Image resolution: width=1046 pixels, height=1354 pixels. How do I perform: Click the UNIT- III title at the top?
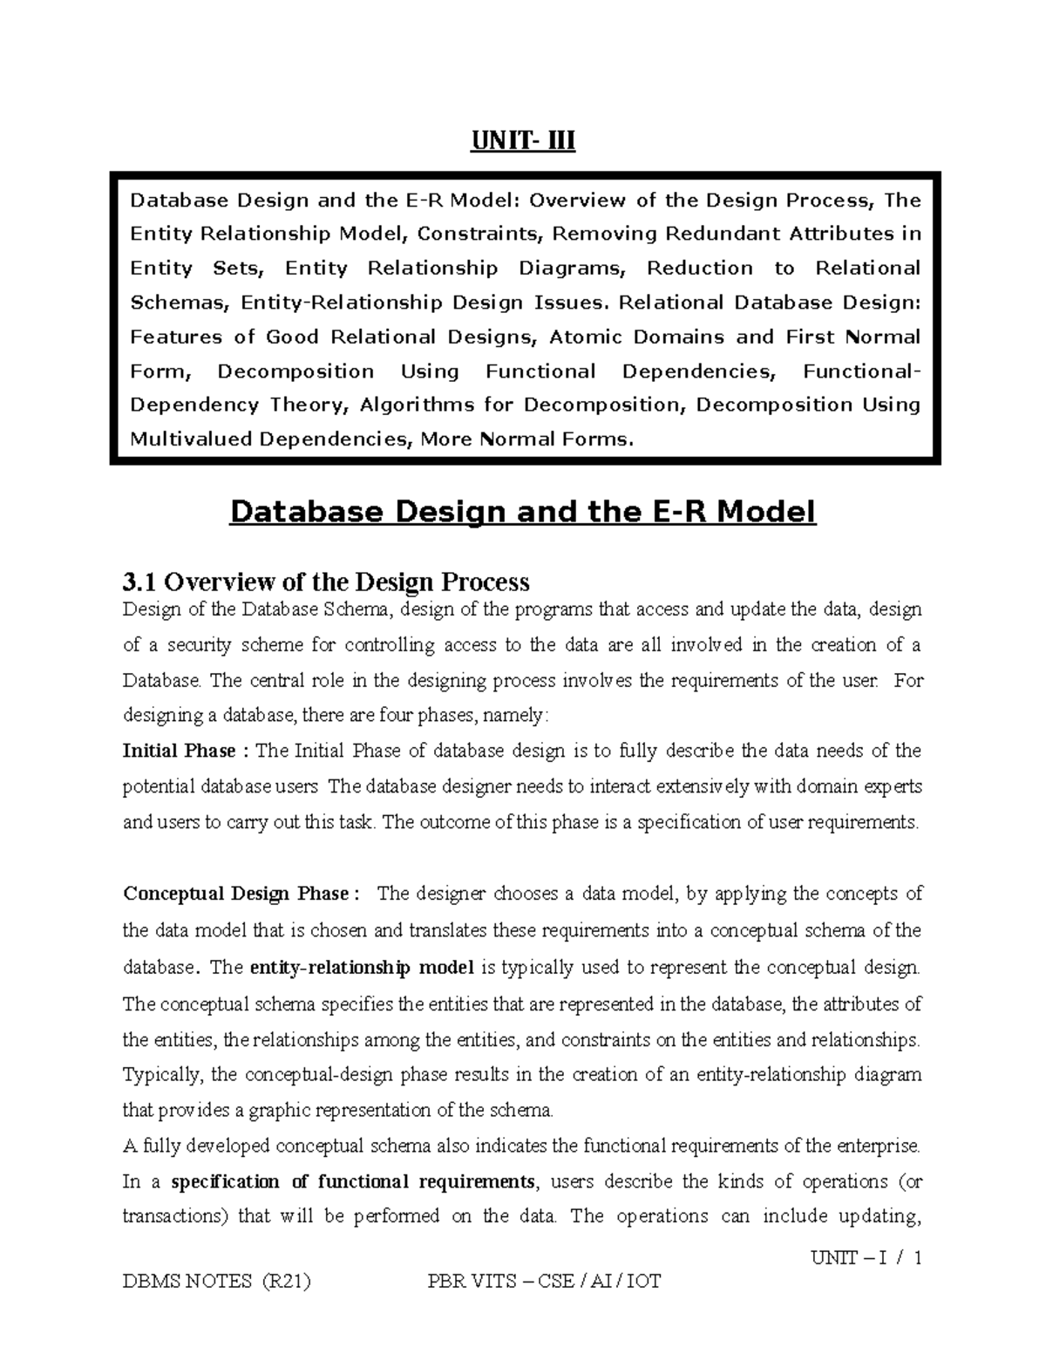(x=523, y=140)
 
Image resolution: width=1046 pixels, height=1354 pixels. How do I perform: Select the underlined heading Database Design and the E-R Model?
(x=522, y=512)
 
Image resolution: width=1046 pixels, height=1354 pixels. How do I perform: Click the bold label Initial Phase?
(x=180, y=751)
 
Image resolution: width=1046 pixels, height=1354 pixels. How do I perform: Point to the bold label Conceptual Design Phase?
(x=235, y=894)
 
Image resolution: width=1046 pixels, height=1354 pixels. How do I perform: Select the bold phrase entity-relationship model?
(x=361, y=967)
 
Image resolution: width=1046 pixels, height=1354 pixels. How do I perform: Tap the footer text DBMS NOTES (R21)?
(x=217, y=1281)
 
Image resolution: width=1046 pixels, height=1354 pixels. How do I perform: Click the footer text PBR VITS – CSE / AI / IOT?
(x=544, y=1281)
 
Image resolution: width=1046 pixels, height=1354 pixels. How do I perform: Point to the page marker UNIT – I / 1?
(x=866, y=1258)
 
